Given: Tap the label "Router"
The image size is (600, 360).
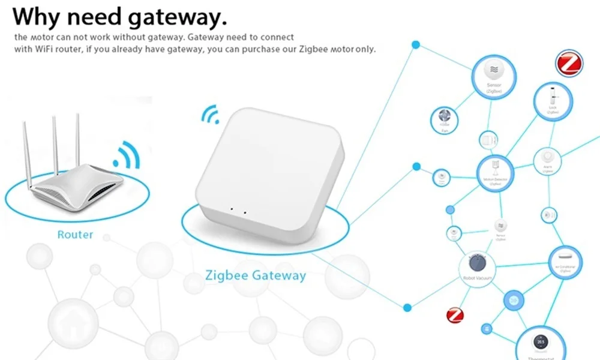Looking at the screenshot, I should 75,235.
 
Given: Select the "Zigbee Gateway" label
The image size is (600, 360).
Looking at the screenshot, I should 256,276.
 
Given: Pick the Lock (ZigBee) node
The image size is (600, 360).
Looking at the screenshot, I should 552,100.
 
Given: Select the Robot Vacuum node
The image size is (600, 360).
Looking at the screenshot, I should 478,266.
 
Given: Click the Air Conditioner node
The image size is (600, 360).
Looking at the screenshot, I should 565,261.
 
